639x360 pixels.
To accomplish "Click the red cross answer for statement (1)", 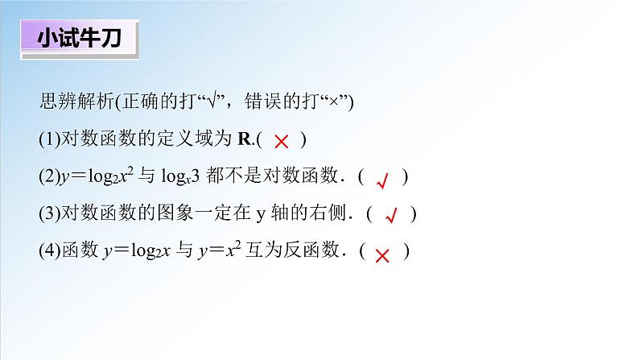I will click(282, 142).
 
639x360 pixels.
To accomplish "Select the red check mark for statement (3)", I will click(392, 216).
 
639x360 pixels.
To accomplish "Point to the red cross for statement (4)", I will click(383, 254).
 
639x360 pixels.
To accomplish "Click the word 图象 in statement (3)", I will click(174, 214).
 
